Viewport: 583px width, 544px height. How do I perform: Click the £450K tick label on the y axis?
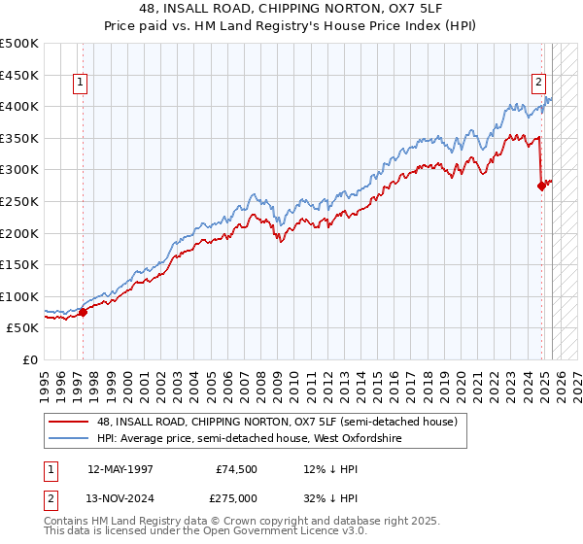tap(19, 75)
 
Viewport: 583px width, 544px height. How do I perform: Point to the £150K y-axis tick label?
tap(19, 264)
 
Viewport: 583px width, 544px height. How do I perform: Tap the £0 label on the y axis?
tap(30, 359)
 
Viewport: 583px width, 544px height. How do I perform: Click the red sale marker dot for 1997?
tap(83, 312)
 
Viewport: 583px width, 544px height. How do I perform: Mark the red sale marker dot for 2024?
tap(541, 187)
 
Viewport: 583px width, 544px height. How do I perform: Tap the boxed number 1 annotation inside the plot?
tap(79, 83)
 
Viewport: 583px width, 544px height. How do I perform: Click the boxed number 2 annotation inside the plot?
tap(537, 83)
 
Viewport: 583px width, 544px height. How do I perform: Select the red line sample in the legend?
tap(68, 422)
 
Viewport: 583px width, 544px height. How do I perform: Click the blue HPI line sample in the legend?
tap(68, 439)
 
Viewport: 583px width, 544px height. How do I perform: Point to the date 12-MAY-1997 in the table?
tap(120, 469)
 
